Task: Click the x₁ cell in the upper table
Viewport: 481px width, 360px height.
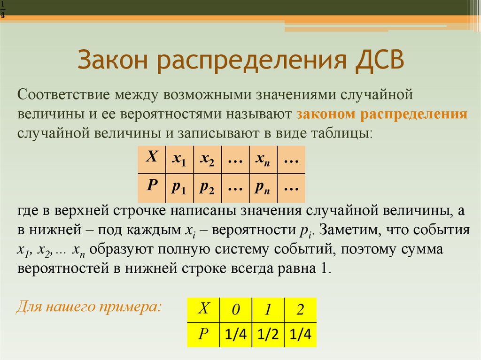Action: tap(178, 159)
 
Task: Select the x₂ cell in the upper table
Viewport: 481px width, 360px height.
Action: tap(207, 159)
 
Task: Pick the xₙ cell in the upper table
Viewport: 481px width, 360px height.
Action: tap(263, 159)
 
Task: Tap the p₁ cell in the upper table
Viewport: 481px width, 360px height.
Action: tap(178, 187)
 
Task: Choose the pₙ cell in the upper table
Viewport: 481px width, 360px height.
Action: tap(263, 187)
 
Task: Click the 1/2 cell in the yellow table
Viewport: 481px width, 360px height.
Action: tap(268, 335)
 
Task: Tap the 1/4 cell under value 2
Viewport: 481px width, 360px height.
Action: tap(301, 335)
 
